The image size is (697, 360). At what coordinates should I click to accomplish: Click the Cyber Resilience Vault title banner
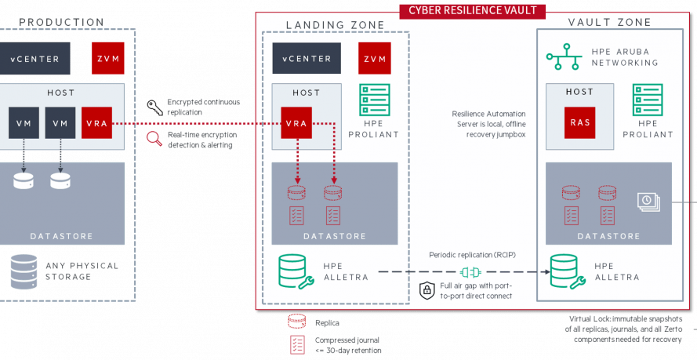[473, 10]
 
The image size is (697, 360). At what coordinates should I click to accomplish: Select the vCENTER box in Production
[35, 58]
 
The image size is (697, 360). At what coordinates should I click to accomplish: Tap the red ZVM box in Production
[106, 58]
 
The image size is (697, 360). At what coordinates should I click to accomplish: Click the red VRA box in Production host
[97, 123]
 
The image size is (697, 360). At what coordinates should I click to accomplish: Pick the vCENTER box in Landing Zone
[307, 58]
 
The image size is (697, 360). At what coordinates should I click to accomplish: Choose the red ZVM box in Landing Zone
[375, 58]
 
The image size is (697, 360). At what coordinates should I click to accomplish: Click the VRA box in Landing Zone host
[296, 123]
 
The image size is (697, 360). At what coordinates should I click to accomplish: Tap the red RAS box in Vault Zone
[580, 122]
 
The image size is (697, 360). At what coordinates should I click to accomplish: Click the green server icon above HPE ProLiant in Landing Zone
[375, 100]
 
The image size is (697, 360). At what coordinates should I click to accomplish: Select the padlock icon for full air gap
[427, 290]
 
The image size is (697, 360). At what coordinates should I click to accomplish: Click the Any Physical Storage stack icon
[24, 271]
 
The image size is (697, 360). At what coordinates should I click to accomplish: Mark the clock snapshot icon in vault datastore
[648, 201]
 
